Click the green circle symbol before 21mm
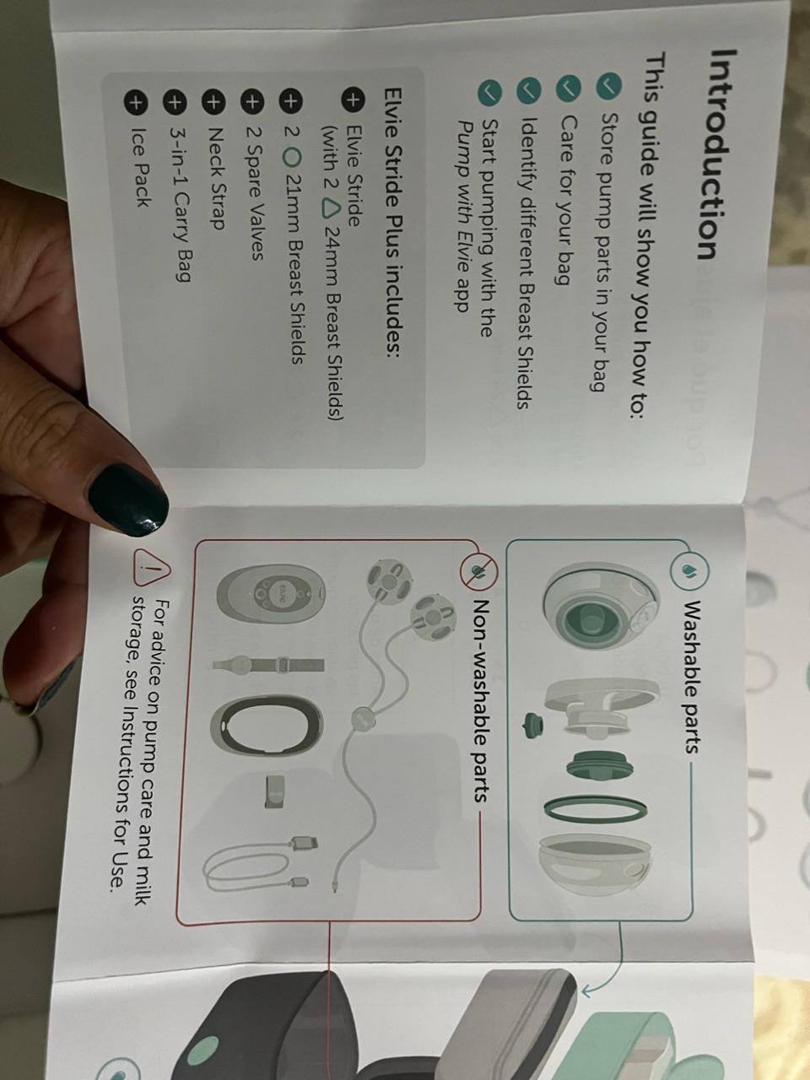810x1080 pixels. [292, 158]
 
